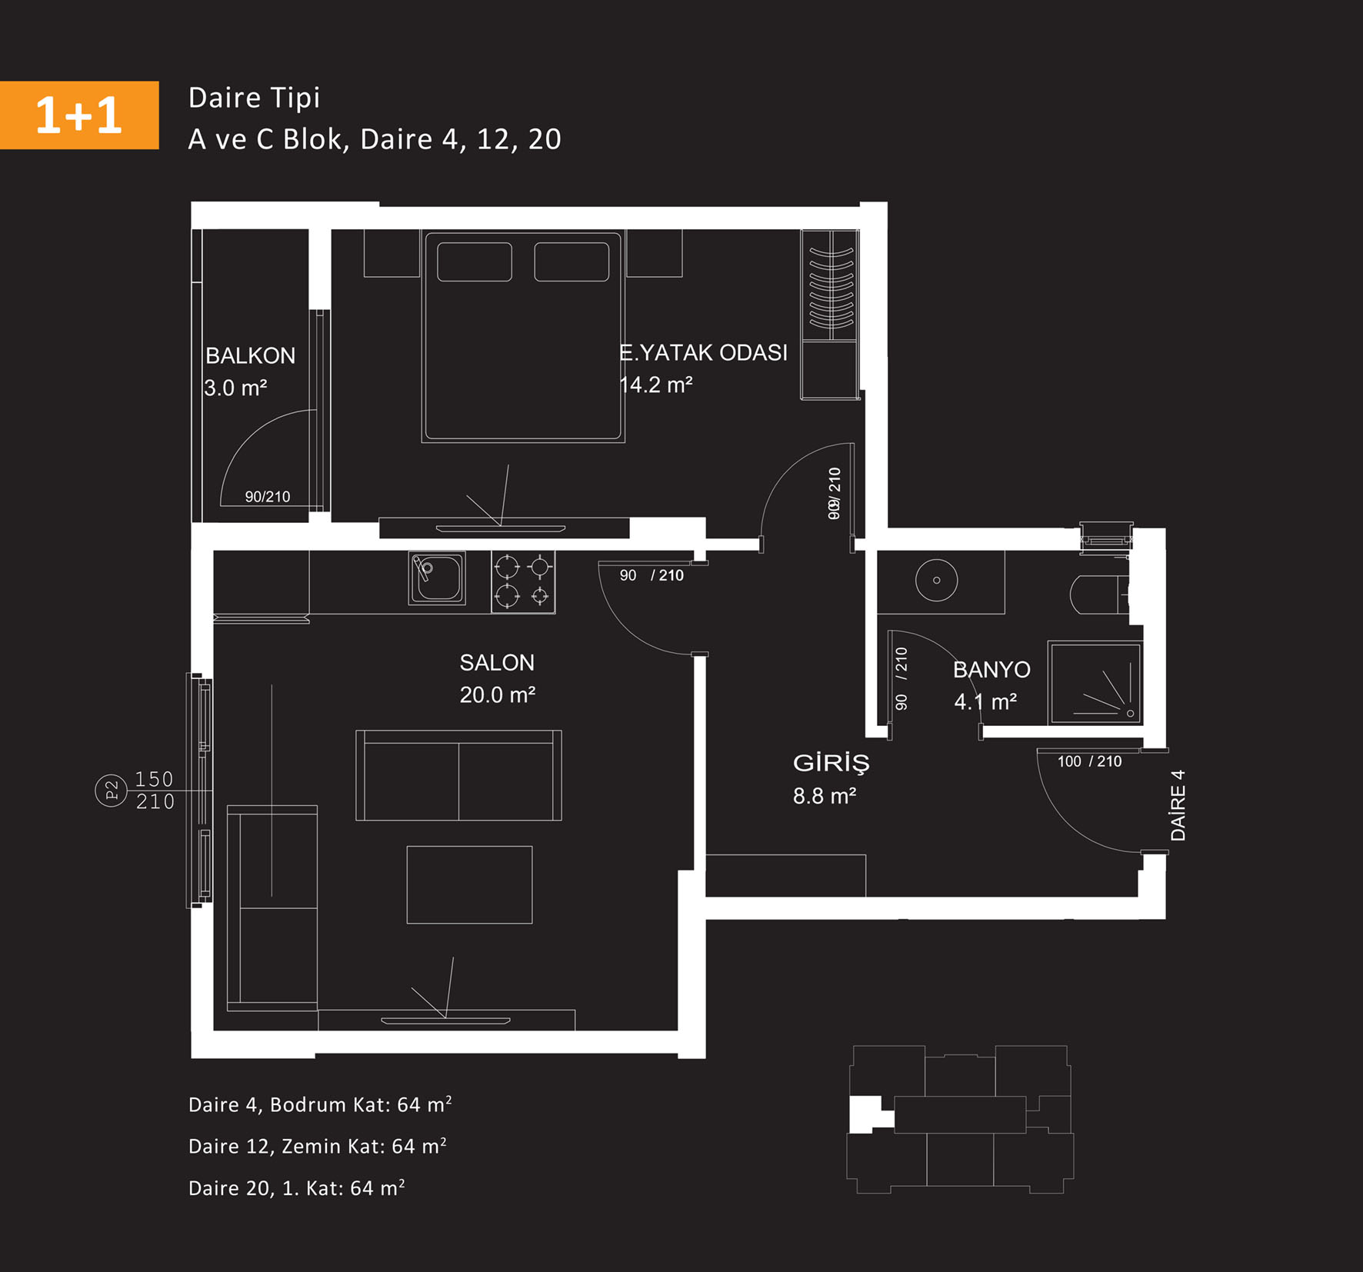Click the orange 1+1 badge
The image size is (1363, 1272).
click(79, 115)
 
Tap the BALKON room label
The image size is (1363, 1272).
click(250, 355)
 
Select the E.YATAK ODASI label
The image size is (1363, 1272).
click(703, 352)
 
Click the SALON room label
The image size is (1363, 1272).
click(497, 662)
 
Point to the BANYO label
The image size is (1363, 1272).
click(991, 669)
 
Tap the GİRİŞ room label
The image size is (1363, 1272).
click(831, 763)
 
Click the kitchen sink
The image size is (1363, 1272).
click(437, 578)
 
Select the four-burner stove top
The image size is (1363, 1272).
click(523, 582)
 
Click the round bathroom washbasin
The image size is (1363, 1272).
click(936, 580)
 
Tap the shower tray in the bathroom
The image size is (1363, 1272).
click(1095, 683)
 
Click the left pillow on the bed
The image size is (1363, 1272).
click(475, 261)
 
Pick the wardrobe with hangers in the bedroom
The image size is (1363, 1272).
click(830, 315)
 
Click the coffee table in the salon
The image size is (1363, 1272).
click(469, 884)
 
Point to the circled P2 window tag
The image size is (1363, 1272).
click(111, 791)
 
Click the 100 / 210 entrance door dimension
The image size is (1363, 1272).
click(1089, 761)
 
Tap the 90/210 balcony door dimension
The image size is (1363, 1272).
click(268, 497)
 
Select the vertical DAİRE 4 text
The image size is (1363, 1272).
click(1178, 805)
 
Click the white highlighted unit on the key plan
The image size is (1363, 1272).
click(868, 1114)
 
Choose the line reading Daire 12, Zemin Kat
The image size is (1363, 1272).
click(317, 1146)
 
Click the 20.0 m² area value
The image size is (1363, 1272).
click(497, 694)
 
